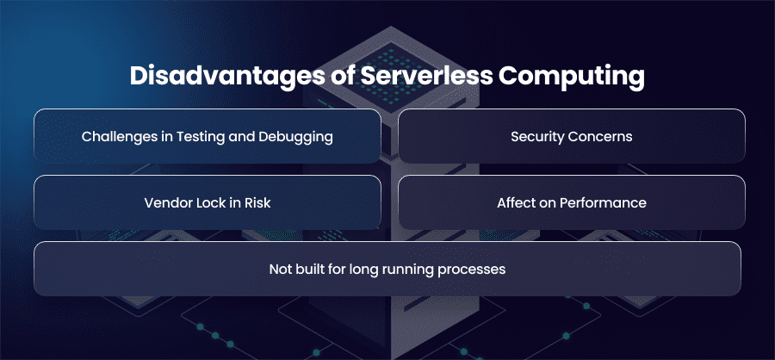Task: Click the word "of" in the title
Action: pos(341,77)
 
